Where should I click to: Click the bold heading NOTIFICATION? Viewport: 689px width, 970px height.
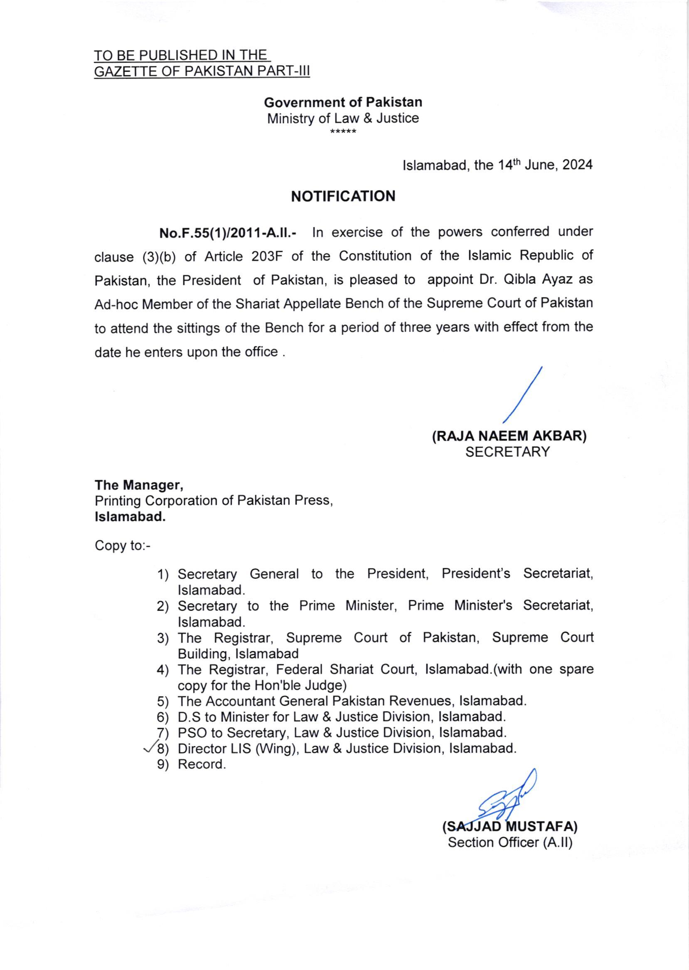[343, 196]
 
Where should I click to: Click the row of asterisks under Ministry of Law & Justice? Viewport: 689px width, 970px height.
[343, 132]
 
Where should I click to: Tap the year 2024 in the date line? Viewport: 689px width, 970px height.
[577, 165]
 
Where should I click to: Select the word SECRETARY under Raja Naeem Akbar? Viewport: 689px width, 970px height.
[507, 452]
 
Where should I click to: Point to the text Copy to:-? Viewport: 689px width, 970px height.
[123, 545]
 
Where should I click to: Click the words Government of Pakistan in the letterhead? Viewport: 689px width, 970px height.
[343, 102]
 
